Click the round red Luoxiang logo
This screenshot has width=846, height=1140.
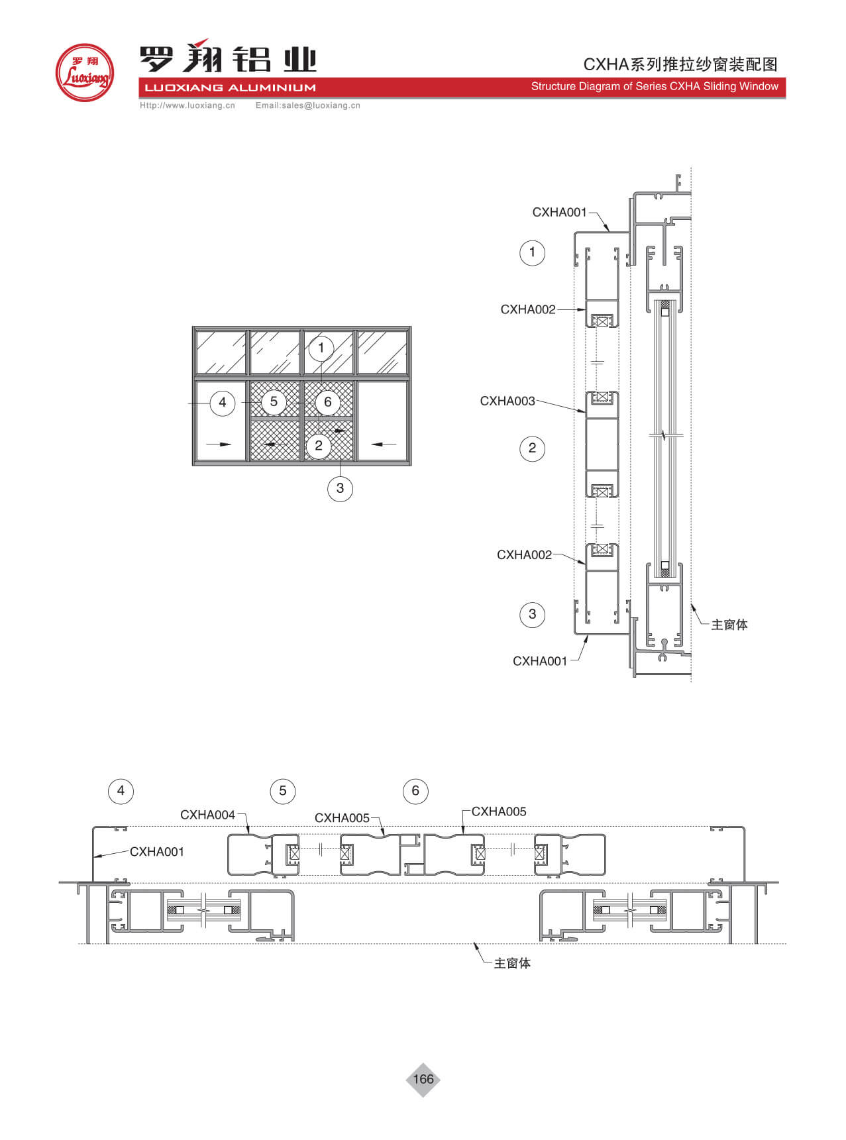pos(85,73)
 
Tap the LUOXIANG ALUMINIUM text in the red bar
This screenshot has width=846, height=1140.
pos(230,87)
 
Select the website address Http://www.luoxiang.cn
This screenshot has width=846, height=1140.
pos(187,105)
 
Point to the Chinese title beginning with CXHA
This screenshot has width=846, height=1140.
pos(680,64)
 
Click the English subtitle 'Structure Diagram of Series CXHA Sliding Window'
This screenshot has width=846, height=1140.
pos(655,86)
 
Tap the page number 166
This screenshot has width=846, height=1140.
pos(423,1079)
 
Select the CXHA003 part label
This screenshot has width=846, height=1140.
pos(507,401)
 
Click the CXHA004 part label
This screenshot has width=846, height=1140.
pos(208,815)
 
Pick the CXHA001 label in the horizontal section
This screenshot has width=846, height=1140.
pos(157,852)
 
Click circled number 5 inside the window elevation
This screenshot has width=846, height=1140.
pos(274,402)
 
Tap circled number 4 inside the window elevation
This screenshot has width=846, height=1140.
pos(223,403)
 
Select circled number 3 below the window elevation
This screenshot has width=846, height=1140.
pos(340,489)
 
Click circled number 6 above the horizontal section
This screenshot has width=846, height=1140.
pos(415,791)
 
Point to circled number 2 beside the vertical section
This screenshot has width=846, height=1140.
pos(532,448)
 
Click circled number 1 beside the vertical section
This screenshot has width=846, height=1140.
pos(532,252)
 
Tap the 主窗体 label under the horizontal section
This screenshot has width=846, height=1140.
pos(512,963)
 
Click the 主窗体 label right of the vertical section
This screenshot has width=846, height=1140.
pos(729,625)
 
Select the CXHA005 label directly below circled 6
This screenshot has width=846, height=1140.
pos(499,811)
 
